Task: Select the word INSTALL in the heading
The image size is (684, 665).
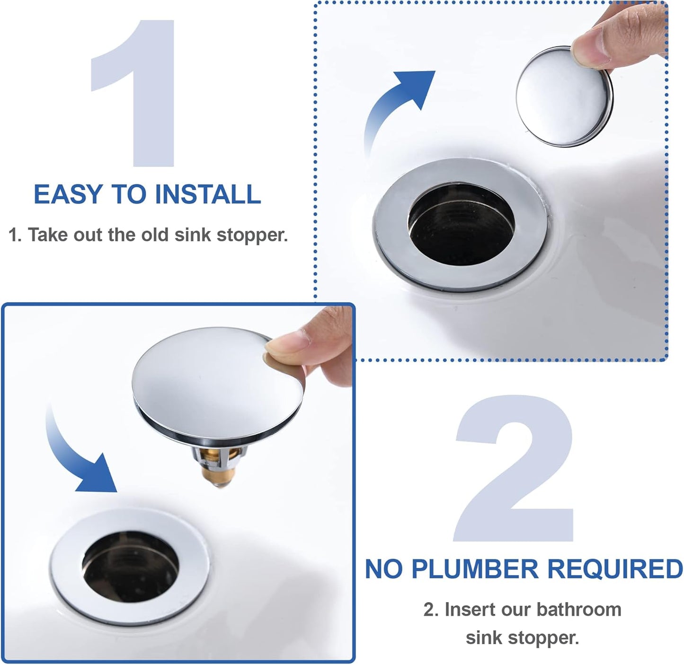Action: tap(208, 194)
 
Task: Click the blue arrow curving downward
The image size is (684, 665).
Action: tap(78, 454)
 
